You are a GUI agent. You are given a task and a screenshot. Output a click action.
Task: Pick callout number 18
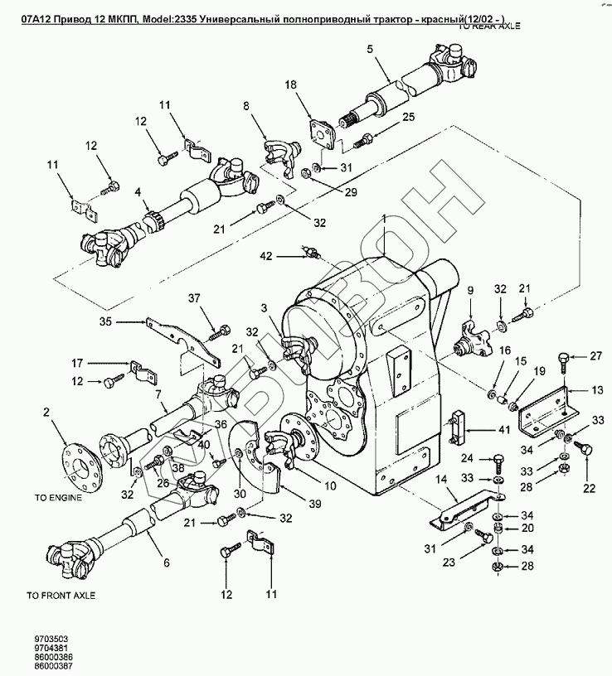point(313,85)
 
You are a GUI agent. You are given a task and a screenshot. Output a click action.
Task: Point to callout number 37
point(194,298)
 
